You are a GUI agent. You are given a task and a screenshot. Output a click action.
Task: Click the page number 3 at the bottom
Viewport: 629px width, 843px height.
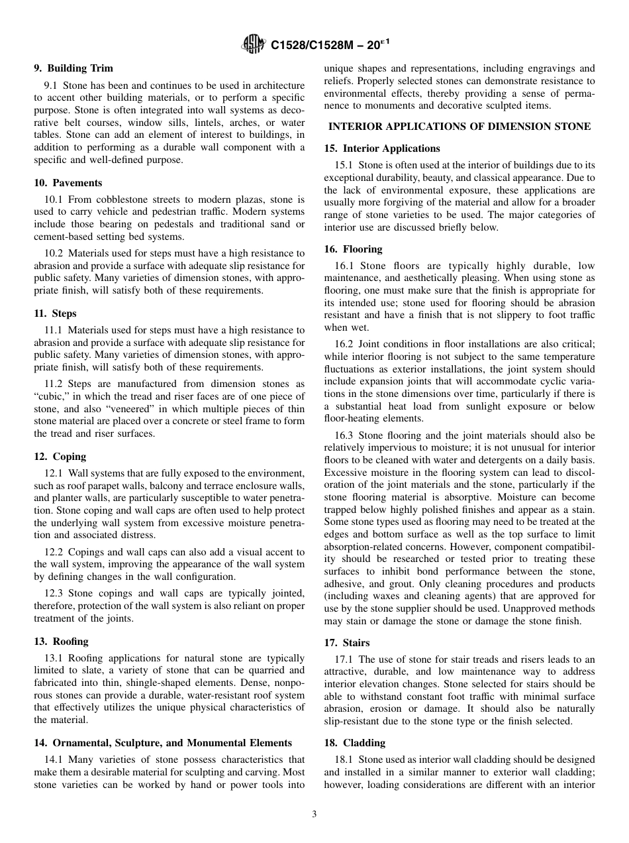click(314, 815)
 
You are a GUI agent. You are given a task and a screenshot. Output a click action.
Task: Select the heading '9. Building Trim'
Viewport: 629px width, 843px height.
click(73, 68)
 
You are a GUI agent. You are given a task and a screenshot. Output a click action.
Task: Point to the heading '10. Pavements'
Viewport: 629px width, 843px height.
click(68, 183)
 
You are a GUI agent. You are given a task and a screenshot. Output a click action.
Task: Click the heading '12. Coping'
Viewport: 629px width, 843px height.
click(60, 457)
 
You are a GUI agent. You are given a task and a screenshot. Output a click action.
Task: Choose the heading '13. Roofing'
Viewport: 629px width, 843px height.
click(61, 642)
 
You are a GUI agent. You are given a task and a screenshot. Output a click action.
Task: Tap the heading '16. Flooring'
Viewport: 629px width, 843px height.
click(353, 249)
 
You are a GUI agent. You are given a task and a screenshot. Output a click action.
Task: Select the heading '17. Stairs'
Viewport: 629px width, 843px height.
click(347, 643)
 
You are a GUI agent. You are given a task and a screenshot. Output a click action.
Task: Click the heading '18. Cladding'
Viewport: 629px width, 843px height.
click(354, 743)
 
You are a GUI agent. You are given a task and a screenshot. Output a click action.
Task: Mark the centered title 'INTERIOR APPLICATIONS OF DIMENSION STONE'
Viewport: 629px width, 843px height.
click(460, 127)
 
